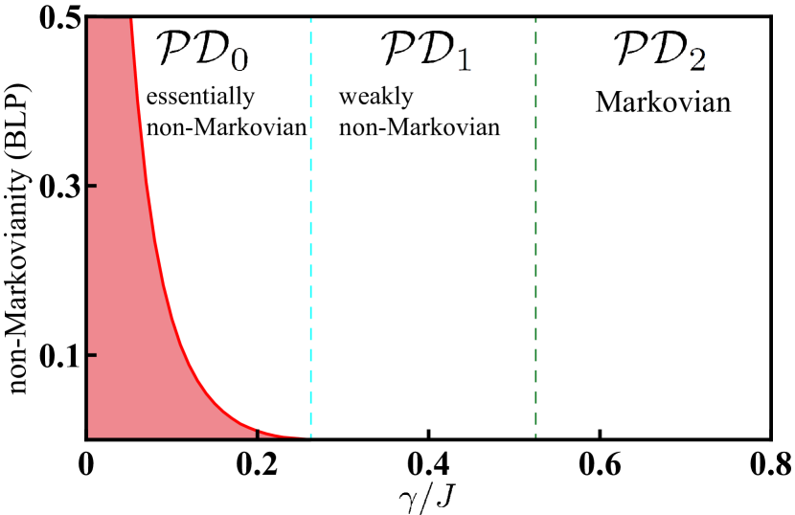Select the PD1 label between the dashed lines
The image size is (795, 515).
pos(425,50)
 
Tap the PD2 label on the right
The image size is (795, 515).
pos(659,50)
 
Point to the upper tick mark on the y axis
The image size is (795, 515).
pos(92,185)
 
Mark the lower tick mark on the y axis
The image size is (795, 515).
pos(92,355)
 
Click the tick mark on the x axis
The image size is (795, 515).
pos(258,434)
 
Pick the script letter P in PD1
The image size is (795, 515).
pos(398,48)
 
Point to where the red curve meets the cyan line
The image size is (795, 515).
pos(308,437)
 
